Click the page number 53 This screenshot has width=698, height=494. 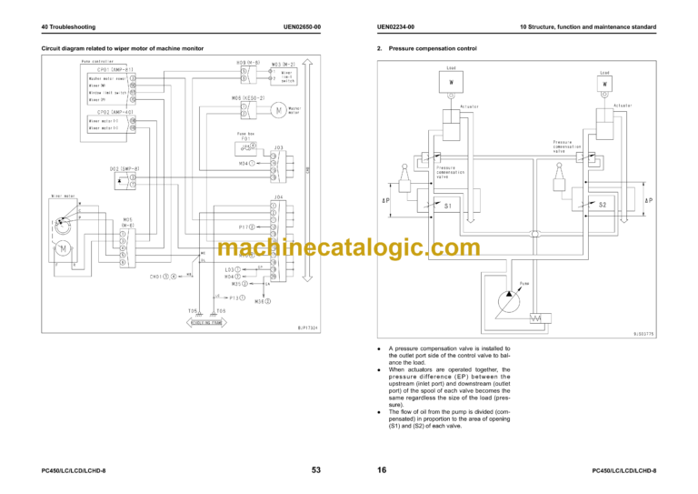click(315, 470)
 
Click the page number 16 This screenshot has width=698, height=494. click(383, 470)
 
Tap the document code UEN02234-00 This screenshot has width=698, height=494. click(395, 27)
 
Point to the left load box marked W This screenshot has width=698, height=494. click(452, 83)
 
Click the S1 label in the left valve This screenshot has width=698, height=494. click(448, 206)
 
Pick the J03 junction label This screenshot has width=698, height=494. click(278, 146)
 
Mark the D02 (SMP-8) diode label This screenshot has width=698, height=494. click(122, 168)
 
